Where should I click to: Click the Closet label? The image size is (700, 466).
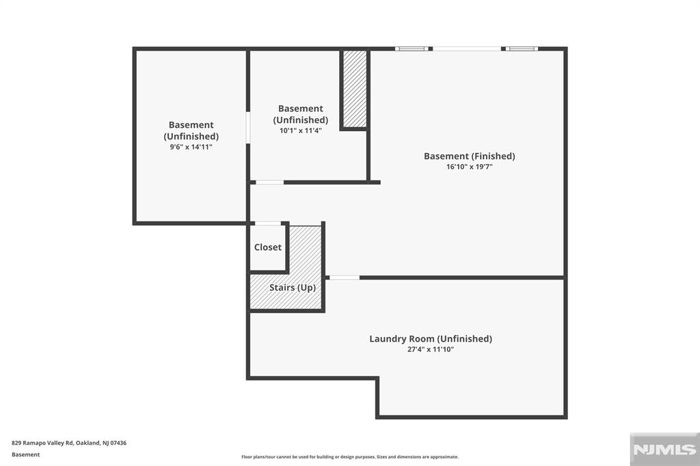pyautogui.click(x=268, y=247)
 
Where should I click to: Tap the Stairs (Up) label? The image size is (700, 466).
pyautogui.click(x=293, y=288)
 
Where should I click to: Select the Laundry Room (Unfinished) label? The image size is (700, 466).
pyautogui.click(x=431, y=339)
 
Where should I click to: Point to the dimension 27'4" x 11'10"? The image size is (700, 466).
pyautogui.click(x=431, y=350)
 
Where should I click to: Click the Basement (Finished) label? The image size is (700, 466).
pyautogui.click(x=469, y=156)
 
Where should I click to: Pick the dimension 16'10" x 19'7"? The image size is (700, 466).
pyautogui.click(x=469, y=167)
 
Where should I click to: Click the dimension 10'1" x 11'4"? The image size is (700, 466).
pyautogui.click(x=301, y=131)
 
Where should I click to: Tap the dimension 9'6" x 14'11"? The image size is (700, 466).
pyautogui.click(x=191, y=147)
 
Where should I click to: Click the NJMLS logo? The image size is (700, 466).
pyautogui.click(x=664, y=450)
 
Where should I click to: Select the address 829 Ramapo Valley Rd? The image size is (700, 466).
pyautogui.click(x=42, y=443)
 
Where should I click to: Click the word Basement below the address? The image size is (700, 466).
pyautogui.click(x=25, y=455)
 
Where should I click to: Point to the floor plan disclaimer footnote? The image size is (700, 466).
pyautogui.click(x=350, y=457)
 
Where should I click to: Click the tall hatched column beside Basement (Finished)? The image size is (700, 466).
pyautogui.click(x=355, y=90)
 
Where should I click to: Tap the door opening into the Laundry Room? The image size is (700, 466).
pyautogui.click(x=345, y=277)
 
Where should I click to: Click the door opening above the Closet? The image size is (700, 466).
pyautogui.click(x=267, y=223)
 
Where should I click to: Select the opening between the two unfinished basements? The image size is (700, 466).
pyautogui.click(x=247, y=128)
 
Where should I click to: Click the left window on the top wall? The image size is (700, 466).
pyautogui.click(x=412, y=49)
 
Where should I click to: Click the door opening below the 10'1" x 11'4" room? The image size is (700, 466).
pyautogui.click(x=269, y=182)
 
